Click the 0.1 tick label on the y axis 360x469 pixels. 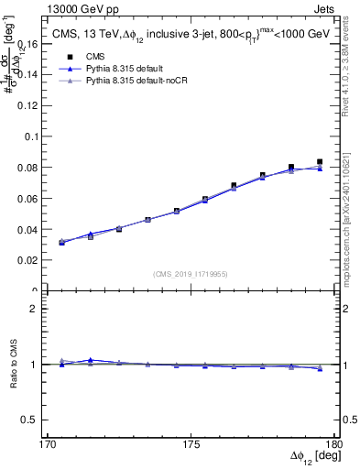[x=31, y=136]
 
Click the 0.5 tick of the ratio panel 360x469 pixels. [x=31, y=420]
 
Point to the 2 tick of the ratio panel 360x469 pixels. [x=38, y=309]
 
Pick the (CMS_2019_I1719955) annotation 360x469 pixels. [x=191, y=273]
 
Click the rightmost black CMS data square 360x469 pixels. [x=320, y=162]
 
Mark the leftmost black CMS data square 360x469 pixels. [x=61, y=243]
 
